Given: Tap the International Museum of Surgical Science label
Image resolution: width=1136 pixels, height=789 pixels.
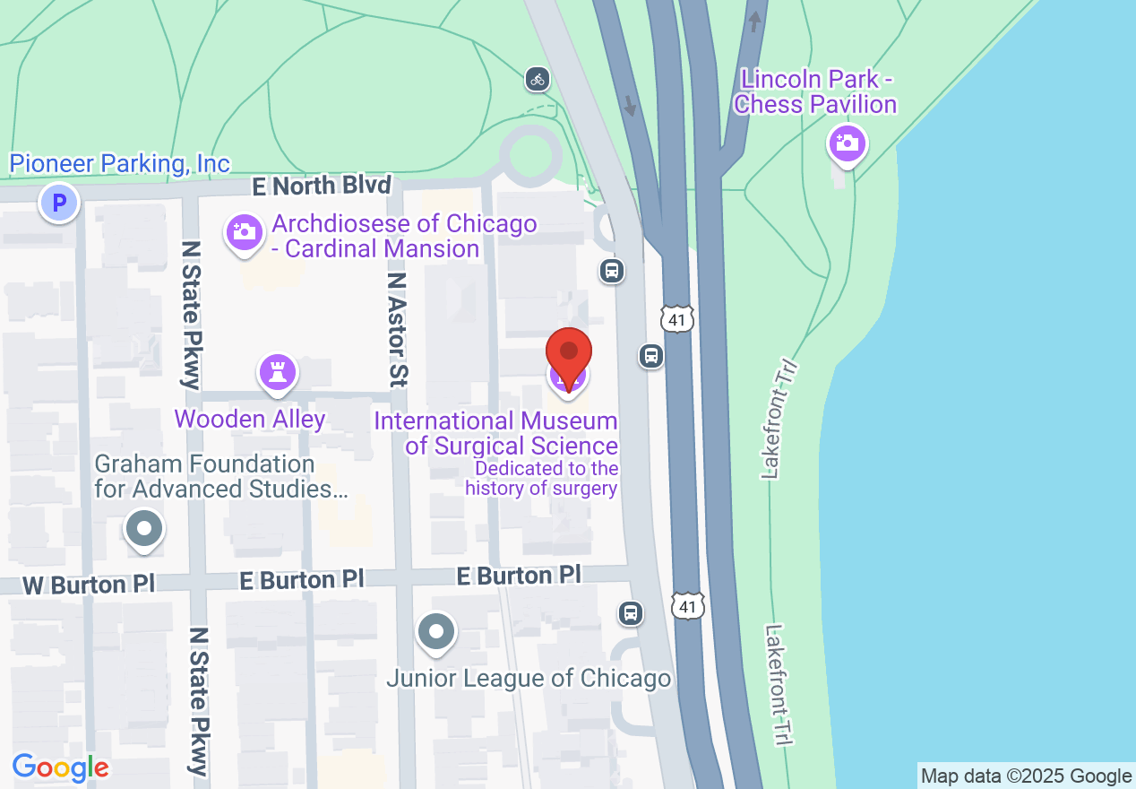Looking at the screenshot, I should [495, 433].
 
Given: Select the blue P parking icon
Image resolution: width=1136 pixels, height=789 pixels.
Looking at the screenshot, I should [59, 203].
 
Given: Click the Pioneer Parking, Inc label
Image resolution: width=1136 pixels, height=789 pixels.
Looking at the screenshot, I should [119, 164].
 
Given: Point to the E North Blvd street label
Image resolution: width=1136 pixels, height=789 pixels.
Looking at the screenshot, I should [322, 186].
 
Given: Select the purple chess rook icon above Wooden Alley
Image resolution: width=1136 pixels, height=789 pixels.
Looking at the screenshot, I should [277, 373].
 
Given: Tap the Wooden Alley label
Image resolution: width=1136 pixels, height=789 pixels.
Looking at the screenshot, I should [250, 419].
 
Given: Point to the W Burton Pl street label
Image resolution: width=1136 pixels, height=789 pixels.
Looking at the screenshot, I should [88, 585].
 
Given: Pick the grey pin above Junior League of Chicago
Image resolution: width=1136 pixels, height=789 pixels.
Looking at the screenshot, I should [436, 632].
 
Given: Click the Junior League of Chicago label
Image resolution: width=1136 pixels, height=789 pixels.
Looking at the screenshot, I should [529, 678].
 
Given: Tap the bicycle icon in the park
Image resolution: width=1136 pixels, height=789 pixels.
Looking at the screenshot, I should [538, 79].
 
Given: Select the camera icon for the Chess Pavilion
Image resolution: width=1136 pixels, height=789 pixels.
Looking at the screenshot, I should [847, 143].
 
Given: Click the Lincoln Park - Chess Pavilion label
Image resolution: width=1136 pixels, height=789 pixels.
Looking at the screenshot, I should [814, 91].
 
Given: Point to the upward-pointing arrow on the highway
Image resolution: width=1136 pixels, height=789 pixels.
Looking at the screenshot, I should [755, 20].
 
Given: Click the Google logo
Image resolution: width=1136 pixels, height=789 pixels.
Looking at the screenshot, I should [60, 767].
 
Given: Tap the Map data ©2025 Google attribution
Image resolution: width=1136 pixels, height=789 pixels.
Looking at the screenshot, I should [1026, 776].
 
